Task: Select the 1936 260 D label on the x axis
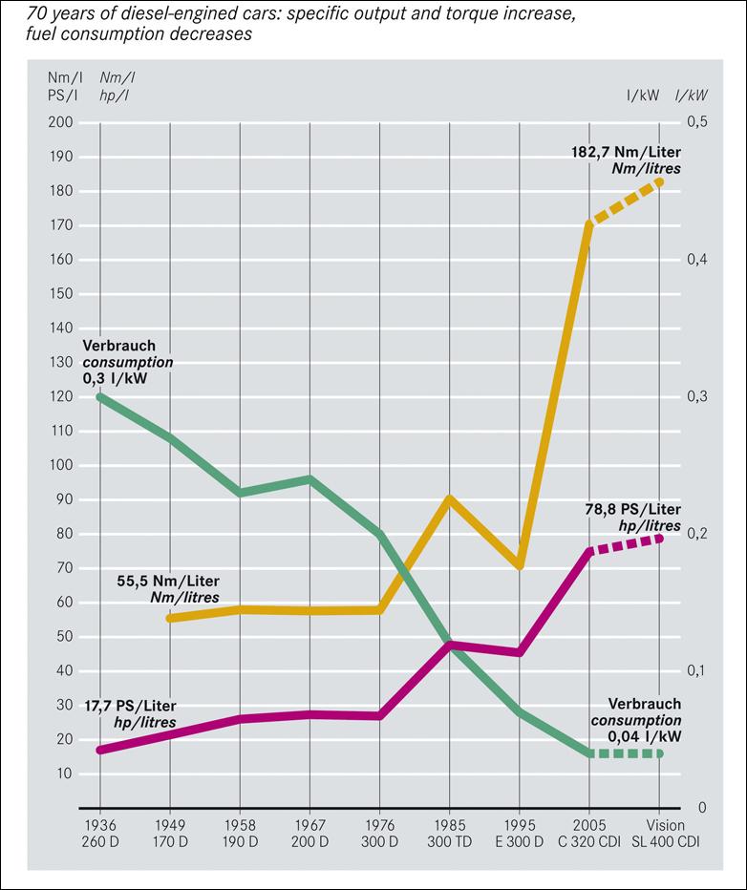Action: click(x=99, y=833)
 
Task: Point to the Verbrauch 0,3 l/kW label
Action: click(x=128, y=362)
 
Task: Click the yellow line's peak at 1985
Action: click(x=449, y=498)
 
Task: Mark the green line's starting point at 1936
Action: click(x=99, y=396)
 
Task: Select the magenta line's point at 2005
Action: click(x=589, y=551)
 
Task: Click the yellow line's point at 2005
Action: click(x=589, y=224)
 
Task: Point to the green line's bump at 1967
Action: click(x=309, y=478)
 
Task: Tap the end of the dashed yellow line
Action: click(x=660, y=181)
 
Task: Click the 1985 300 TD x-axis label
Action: click(x=449, y=833)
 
